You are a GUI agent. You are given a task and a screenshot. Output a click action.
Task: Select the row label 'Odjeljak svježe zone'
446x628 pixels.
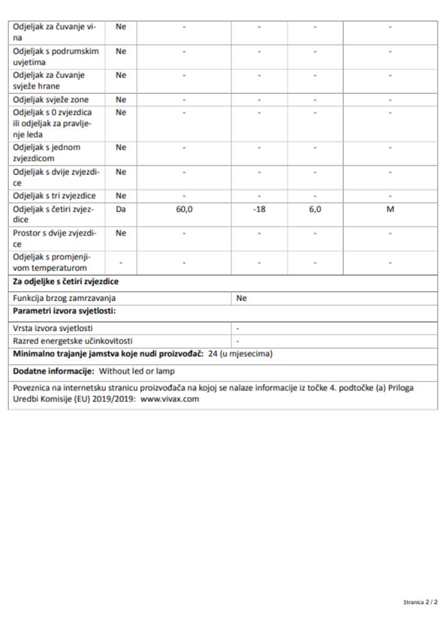(51, 99)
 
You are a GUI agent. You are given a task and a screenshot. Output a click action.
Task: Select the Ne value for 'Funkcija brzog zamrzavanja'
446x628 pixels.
(241, 299)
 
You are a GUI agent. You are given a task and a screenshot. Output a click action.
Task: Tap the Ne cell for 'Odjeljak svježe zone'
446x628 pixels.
(121, 99)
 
